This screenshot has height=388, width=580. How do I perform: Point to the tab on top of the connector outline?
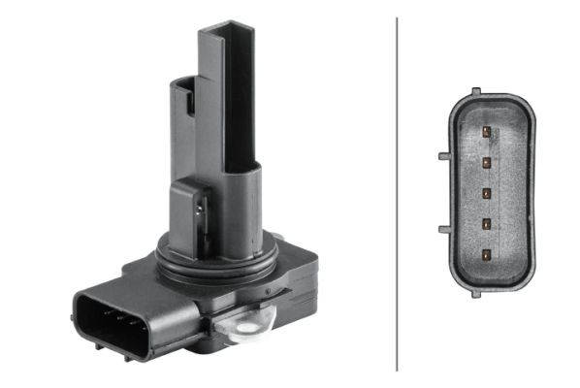475,92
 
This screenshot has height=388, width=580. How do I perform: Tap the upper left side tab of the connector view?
443,155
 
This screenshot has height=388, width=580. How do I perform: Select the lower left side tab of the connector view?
443,229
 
